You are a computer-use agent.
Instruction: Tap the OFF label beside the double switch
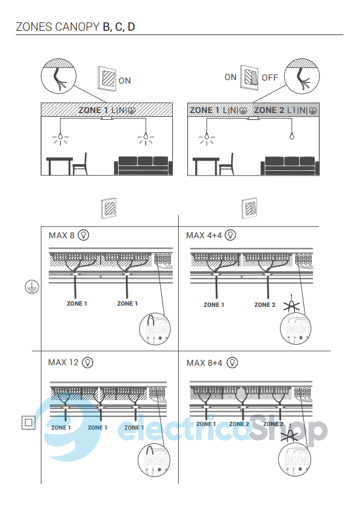[270, 78]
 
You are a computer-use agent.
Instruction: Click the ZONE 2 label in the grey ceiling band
[269, 110]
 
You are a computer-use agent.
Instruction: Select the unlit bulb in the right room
[292, 136]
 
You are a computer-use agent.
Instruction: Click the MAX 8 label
[61, 235]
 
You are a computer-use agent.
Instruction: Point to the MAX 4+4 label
[203, 235]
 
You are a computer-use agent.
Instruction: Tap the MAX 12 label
[63, 362]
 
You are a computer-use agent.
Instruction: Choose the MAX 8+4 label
[204, 363]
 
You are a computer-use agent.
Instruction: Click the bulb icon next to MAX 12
[87, 362]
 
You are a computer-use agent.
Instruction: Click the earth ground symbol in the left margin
[32, 286]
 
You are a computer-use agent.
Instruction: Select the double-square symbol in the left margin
[28, 422]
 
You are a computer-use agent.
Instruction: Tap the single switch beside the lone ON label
[107, 79]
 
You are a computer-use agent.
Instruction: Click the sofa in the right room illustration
[290, 166]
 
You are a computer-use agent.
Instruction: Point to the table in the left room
[60, 166]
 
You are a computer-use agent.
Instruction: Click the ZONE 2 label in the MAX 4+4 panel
[265, 305]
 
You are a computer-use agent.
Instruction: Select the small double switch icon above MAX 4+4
[249, 208]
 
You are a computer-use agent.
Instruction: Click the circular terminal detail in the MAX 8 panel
[155, 329]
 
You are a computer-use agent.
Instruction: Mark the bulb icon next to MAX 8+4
[232, 363]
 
